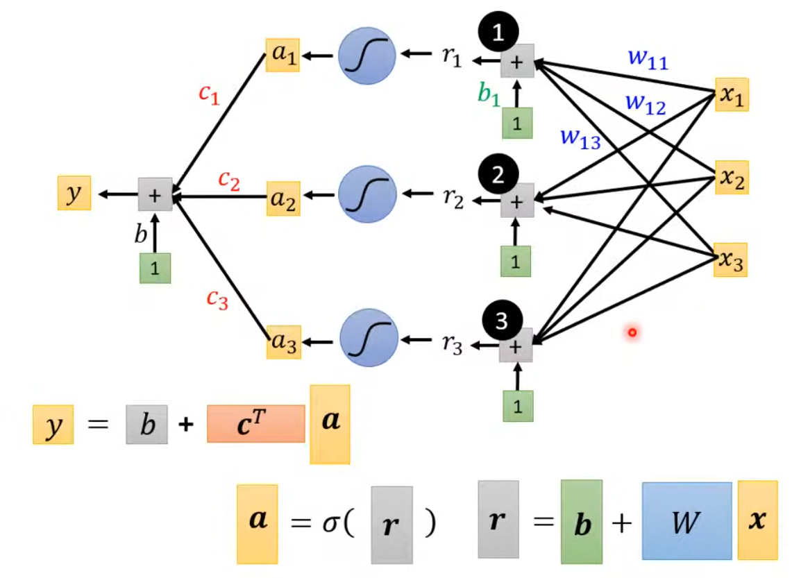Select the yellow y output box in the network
74,194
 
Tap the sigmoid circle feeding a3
369,340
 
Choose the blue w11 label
648,60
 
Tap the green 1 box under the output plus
155,269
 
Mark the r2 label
452,198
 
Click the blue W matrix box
686,520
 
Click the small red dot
632,334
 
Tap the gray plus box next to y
155,194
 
